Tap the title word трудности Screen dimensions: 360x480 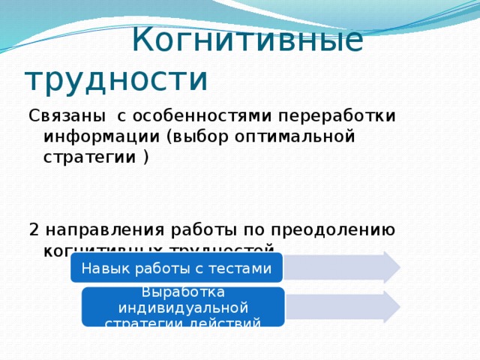[116, 77]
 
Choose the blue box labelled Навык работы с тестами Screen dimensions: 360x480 [176, 268]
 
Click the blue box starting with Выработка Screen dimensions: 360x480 [183, 307]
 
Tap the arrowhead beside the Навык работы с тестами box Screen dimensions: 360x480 [390, 266]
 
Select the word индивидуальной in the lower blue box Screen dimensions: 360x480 [183, 307]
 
